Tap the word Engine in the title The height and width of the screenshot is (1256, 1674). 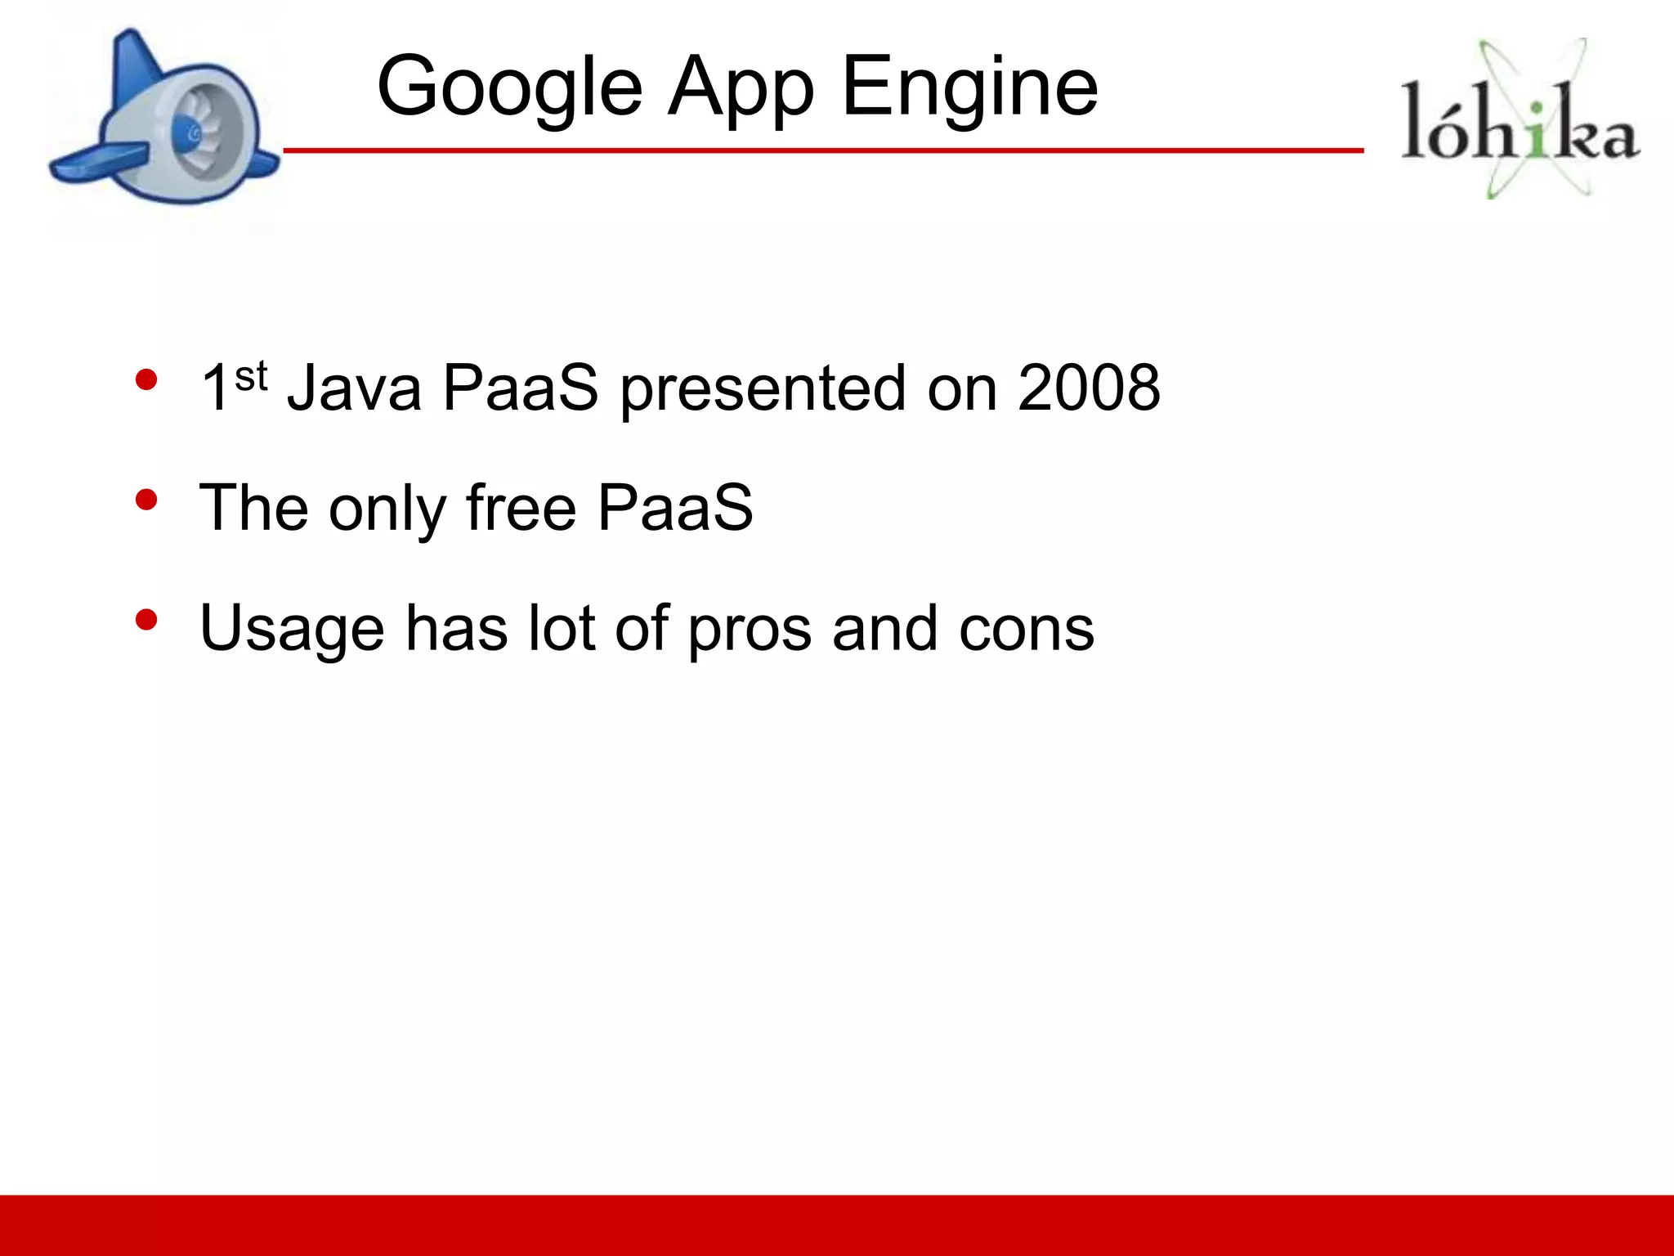pos(969,86)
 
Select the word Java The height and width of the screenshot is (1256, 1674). pos(354,388)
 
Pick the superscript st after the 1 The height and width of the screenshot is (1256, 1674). pos(251,376)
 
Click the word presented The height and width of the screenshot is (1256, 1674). pos(762,389)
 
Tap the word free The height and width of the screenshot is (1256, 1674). pos(521,508)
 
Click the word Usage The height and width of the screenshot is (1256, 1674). pos(292,629)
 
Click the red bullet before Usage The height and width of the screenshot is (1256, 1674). pos(146,620)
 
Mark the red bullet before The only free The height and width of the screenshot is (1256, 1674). pos(146,500)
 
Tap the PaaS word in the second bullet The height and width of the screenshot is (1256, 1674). pos(674,508)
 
